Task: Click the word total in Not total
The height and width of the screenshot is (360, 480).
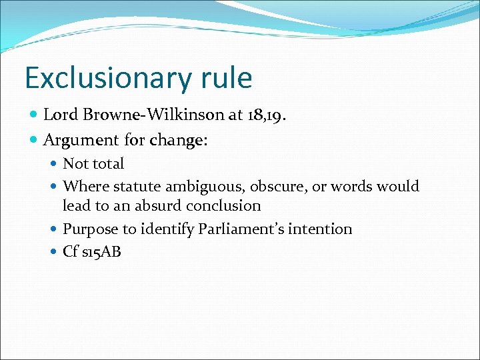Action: coord(107,163)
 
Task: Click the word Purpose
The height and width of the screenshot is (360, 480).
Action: coord(89,229)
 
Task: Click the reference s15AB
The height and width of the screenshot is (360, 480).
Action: coord(101,252)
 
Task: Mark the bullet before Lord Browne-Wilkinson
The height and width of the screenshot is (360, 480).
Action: coord(34,115)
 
